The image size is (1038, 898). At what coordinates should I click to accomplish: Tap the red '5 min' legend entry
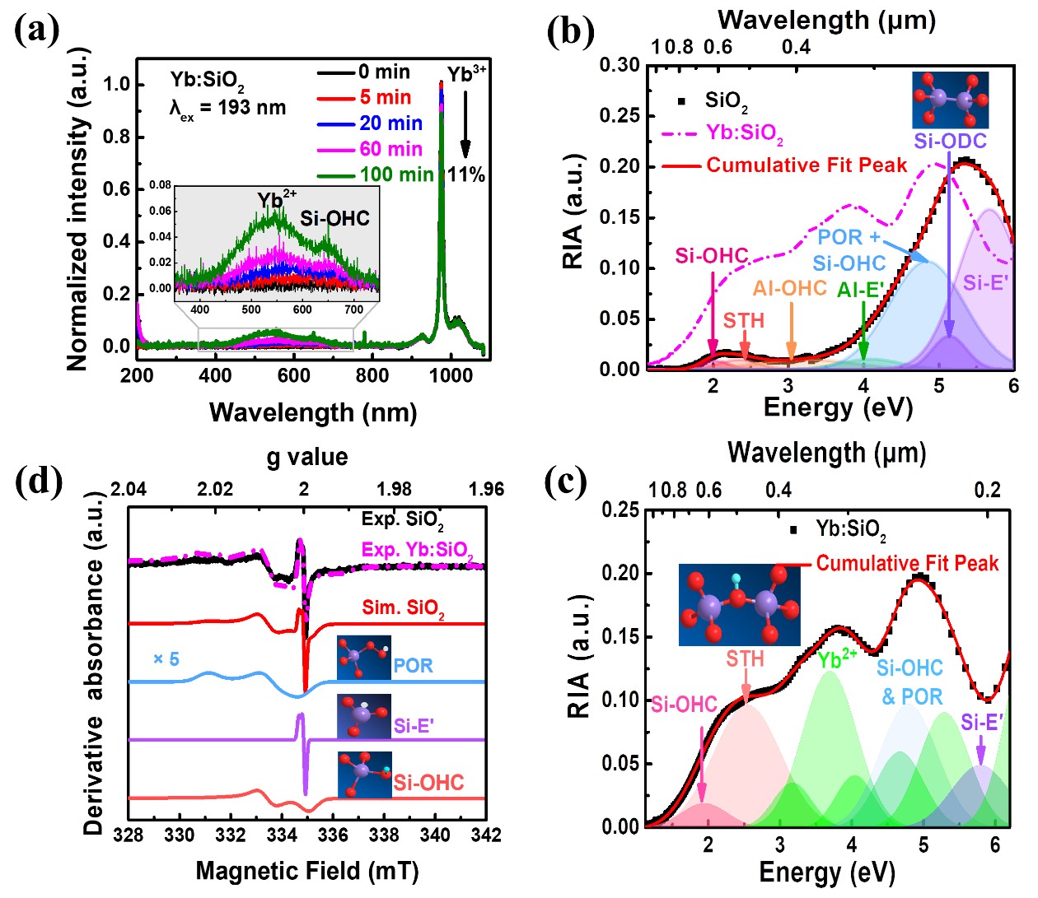pyautogui.click(x=385, y=97)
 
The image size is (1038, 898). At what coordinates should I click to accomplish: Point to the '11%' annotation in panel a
pyautogui.click(x=466, y=174)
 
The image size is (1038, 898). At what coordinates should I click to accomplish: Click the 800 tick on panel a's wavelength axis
pyautogui.click(x=372, y=375)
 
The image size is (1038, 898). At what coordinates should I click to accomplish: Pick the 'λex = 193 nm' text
pyautogui.click(x=227, y=108)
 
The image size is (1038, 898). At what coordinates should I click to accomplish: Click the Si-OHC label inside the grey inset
pyautogui.click(x=334, y=218)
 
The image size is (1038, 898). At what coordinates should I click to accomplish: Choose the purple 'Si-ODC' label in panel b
pyautogui.click(x=950, y=141)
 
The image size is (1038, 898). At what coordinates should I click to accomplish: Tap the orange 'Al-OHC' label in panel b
pyautogui.click(x=789, y=288)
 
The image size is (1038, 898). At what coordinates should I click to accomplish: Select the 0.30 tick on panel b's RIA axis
pyautogui.click(x=620, y=65)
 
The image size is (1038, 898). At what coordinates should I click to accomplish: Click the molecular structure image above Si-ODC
pyautogui.click(x=950, y=100)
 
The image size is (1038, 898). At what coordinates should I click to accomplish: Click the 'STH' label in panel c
pyautogui.click(x=745, y=658)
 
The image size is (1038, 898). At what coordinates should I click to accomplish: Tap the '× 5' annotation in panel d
pyautogui.click(x=166, y=659)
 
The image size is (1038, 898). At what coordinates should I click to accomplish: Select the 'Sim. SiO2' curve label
pyautogui.click(x=403, y=608)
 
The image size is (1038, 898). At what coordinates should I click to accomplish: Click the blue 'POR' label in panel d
pyautogui.click(x=413, y=665)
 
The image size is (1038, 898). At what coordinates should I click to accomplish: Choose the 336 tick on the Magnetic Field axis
pyautogui.click(x=333, y=835)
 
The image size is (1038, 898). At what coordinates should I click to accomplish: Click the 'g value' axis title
pyautogui.click(x=306, y=457)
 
